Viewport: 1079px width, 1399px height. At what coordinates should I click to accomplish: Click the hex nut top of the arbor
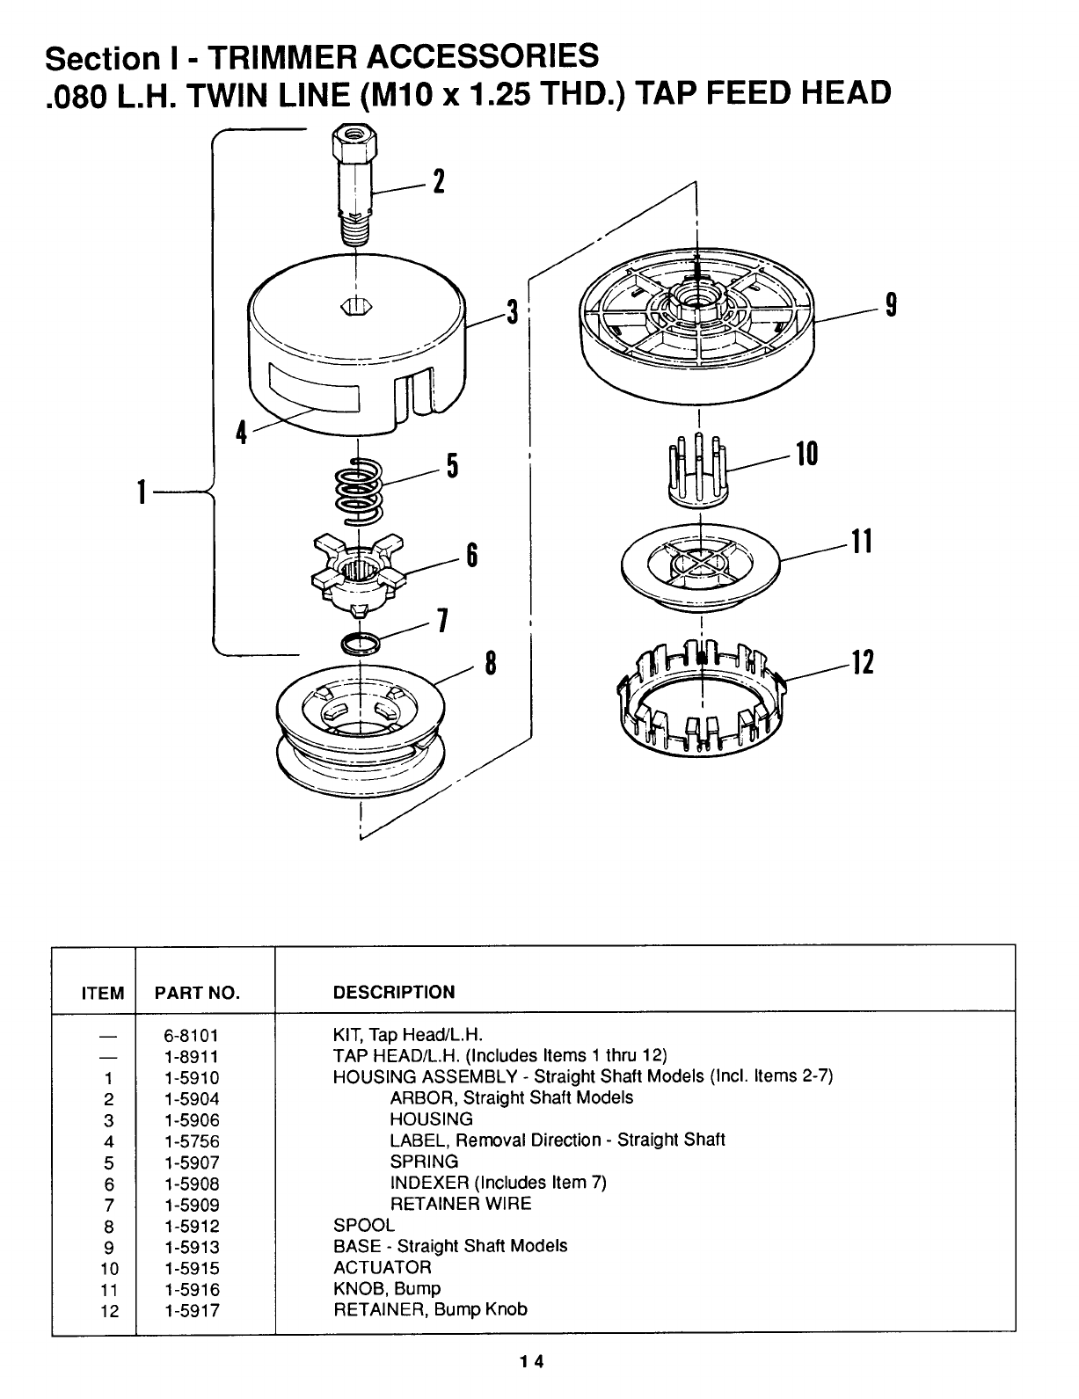pos(354,143)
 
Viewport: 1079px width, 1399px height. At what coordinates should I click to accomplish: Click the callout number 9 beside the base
pos(891,304)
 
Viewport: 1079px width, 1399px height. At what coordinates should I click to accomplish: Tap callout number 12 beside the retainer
pos(863,662)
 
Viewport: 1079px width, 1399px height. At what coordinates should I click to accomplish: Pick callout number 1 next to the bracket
pos(142,492)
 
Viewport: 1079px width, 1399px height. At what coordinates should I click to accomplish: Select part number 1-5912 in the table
pos(192,1226)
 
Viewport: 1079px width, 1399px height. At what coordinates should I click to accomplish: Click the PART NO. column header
pos(197,993)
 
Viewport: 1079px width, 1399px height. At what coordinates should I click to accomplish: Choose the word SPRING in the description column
pos(424,1161)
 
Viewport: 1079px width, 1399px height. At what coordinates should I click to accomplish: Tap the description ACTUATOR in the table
pos(383,1267)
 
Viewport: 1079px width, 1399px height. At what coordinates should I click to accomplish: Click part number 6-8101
pos(191,1035)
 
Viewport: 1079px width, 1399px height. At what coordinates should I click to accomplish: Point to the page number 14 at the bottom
pos(532,1361)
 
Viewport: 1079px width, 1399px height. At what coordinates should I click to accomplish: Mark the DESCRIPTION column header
pos(394,992)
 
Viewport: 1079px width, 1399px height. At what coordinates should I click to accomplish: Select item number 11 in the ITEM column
pos(109,1290)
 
